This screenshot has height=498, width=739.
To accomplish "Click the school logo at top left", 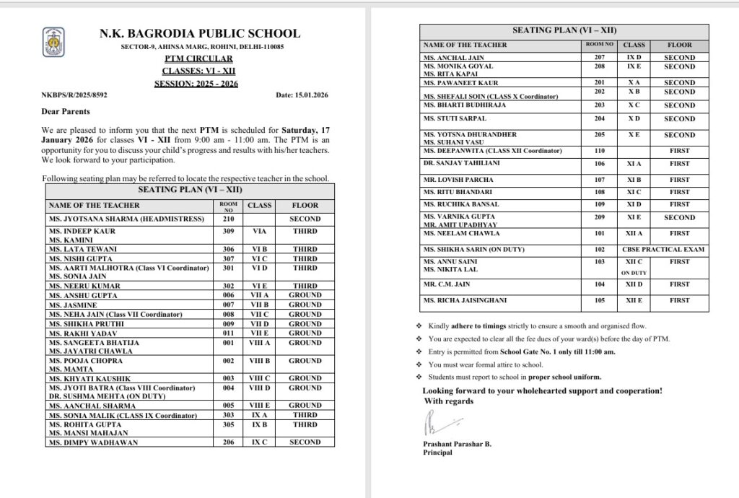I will pyautogui.click(x=54, y=42).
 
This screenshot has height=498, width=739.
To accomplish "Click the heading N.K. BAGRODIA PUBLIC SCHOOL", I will pyautogui.click(x=200, y=33).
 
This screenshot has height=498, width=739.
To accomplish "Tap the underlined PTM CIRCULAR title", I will pyautogui.click(x=198, y=58).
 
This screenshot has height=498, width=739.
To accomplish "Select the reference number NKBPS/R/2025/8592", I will pyautogui.click(x=74, y=95).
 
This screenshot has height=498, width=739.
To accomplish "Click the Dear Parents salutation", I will pyautogui.click(x=66, y=111).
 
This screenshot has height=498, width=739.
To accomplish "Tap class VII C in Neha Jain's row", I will pyautogui.click(x=260, y=314).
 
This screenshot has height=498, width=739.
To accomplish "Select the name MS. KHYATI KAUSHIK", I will pyautogui.click(x=89, y=378).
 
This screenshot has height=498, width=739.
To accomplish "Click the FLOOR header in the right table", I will pyautogui.click(x=679, y=45).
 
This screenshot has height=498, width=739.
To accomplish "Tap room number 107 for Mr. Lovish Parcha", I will pyautogui.click(x=599, y=179).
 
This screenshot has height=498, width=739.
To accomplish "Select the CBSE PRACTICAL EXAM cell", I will pyautogui.click(x=664, y=250).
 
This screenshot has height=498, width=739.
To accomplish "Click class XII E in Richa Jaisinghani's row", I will pyautogui.click(x=634, y=300).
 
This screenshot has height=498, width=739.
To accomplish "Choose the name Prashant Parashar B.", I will pyautogui.click(x=457, y=444).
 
